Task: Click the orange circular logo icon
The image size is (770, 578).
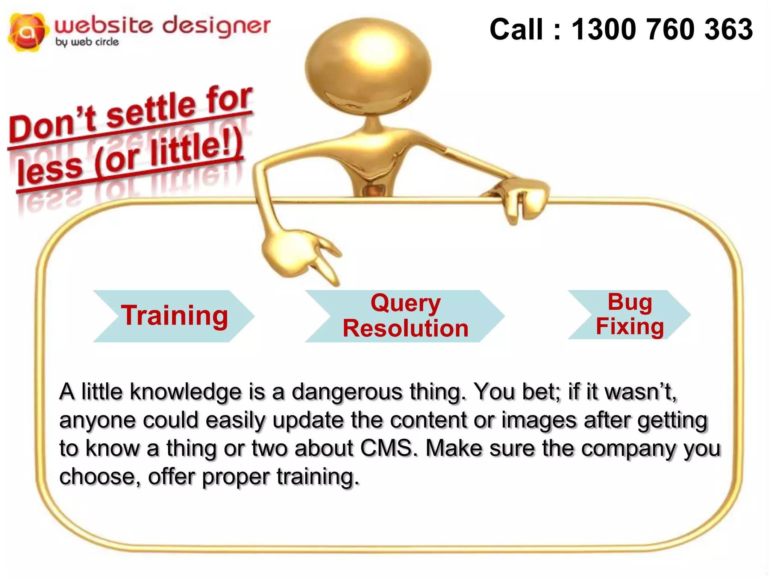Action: tap(28, 32)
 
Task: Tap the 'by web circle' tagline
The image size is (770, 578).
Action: tap(87, 42)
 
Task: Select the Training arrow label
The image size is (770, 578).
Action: tap(174, 315)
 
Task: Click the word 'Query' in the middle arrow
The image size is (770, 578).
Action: tap(405, 303)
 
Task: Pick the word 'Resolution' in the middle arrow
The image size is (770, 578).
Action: tap(405, 328)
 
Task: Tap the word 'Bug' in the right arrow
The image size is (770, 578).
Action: tap(630, 302)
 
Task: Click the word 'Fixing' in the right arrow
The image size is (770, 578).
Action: tap(630, 326)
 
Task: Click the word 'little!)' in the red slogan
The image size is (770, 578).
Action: tap(196, 149)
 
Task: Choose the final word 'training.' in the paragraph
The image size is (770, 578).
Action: tap(318, 477)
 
